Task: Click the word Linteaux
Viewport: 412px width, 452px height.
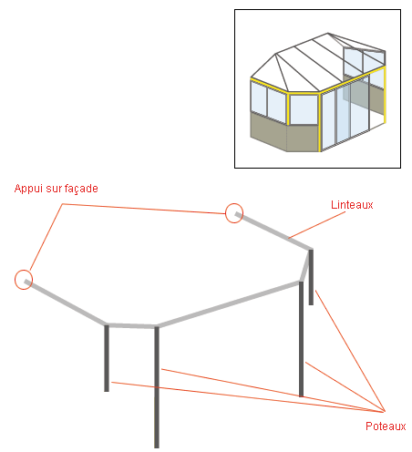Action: (x=352, y=205)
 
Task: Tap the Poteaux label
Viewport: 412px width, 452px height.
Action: (x=386, y=426)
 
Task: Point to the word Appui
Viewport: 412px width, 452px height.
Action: (x=28, y=189)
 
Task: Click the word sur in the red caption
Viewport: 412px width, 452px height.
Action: (x=53, y=189)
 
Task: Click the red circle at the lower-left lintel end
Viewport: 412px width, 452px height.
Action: (x=24, y=280)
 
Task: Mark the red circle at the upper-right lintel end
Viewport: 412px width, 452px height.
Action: (x=234, y=213)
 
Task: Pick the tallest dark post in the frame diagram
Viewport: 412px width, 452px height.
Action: (x=157, y=387)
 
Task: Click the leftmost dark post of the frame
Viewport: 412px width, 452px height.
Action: (x=107, y=358)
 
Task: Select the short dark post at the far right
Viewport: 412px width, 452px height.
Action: (x=311, y=277)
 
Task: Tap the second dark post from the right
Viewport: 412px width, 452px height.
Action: (x=301, y=339)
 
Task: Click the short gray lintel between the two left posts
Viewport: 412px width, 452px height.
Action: (x=131, y=325)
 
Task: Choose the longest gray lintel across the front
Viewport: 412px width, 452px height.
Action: (x=229, y=304)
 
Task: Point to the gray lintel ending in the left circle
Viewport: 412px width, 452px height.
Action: (x=66, y=302)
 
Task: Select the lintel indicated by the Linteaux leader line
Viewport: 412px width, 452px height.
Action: (x=273, y=231)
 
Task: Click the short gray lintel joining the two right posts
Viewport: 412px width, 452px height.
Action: (x=306, y=265)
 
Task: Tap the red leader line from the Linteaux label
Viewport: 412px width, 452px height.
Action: (x=317, y=224)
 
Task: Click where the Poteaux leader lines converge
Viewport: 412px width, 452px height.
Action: (x=385, y=412)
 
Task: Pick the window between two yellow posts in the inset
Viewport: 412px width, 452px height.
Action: (x=304, y=109)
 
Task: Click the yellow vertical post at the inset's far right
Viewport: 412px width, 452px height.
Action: (x=385, y=95)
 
